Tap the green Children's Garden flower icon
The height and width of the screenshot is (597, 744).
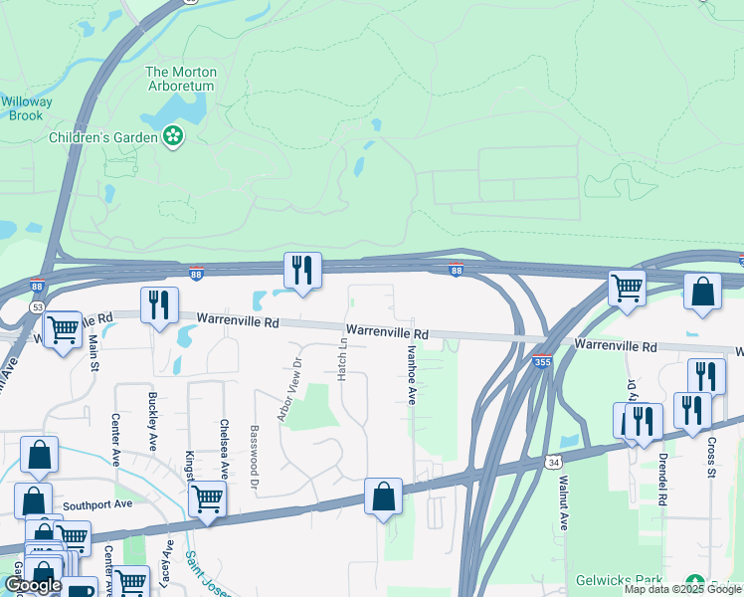174,136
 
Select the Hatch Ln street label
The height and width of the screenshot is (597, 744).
341,357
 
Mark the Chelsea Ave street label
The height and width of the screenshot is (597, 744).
225,447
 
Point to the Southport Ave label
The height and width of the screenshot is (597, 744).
97,504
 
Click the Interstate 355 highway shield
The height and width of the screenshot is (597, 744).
542,362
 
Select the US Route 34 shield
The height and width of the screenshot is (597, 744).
553,462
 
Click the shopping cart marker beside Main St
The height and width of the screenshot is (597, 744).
63,328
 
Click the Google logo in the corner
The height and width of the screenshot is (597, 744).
33,585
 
